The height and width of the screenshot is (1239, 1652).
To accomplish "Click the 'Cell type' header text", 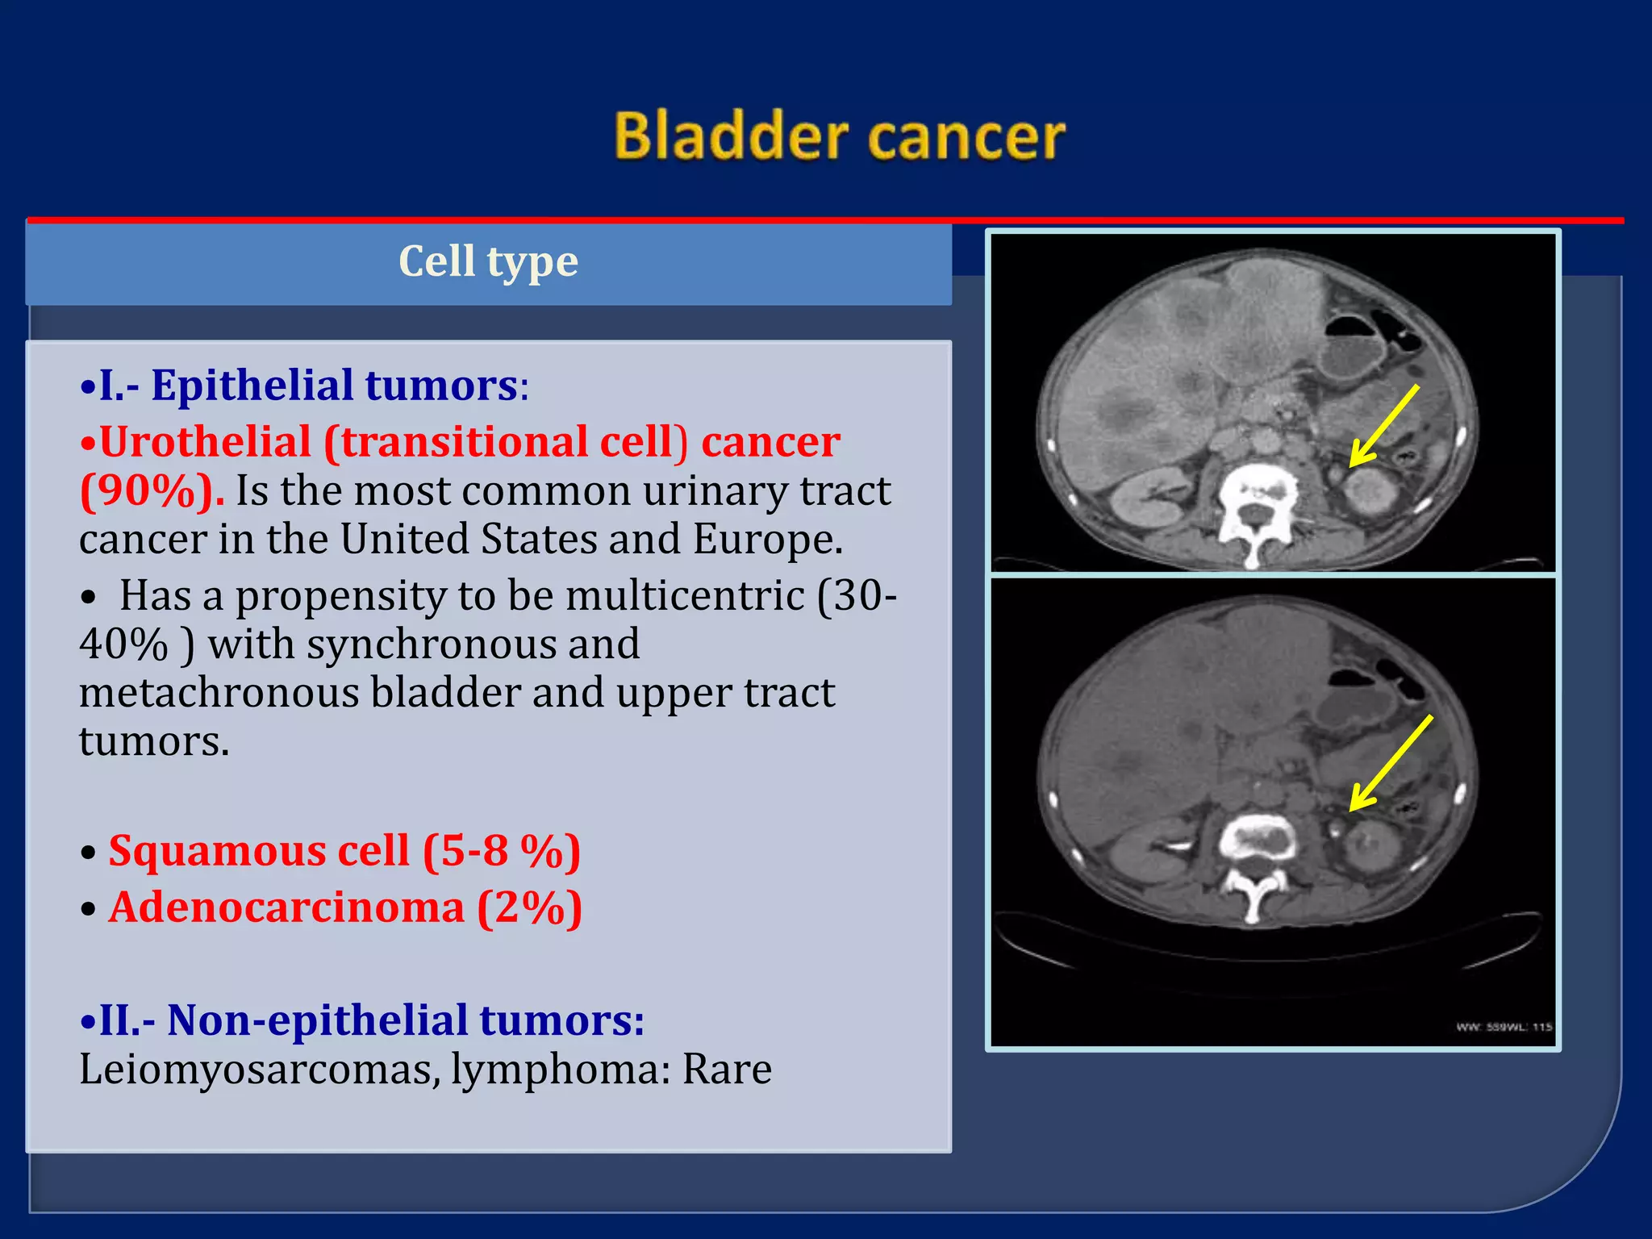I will [x=488, y=261].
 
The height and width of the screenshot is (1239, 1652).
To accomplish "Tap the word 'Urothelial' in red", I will [x=205, y=442].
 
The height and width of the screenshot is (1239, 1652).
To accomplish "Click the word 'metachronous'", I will [x=219, y=693].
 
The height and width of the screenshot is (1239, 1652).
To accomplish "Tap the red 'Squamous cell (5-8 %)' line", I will [x=344, y=851].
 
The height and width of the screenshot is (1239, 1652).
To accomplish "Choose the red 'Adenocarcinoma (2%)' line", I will [x=345, y=907].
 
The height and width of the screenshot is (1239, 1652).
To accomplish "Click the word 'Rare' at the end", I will [x=727, y=1070].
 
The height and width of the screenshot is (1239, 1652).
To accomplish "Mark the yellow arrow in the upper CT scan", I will [x=1384, y=425].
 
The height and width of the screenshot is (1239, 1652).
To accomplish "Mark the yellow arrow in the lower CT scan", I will [x=1391, y=762].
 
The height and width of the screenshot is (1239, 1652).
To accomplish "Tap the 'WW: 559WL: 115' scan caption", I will [x=1504, y=1027].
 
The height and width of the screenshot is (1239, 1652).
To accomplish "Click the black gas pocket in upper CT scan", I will [x=1363, y=327].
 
